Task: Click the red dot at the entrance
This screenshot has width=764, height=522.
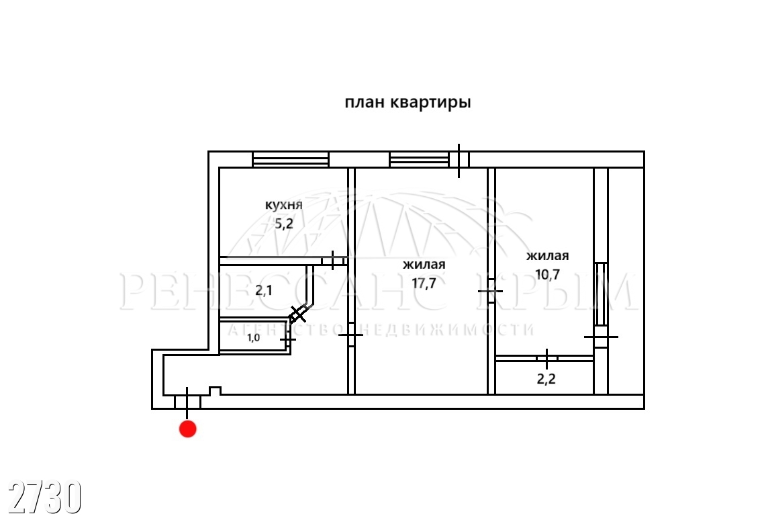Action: [187, 429]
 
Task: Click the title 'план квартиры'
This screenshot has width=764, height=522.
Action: [408, 103]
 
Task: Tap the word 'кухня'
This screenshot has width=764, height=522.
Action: [283, 205]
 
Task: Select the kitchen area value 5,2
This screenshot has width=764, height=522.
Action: [284, 224]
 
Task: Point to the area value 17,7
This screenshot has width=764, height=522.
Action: [424, 284]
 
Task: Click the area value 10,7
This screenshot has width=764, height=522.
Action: [548, 274]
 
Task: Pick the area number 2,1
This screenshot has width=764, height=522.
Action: [264, 290]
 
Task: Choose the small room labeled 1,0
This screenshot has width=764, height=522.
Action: [253, 337]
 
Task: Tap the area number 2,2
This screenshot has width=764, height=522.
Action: [546, 379]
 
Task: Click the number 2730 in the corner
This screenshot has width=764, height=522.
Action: [45, 496]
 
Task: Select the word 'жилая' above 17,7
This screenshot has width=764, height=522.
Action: [424, 265]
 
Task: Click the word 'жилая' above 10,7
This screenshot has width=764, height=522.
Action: [548, 256]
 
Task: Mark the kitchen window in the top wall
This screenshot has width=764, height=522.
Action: [291, 160]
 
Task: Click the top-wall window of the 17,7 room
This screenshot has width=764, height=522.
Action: [419, 160]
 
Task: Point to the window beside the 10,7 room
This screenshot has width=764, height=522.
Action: [602, 294]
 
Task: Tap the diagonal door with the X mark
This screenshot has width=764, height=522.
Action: [299, 313]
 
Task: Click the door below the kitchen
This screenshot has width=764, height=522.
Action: [333, 260]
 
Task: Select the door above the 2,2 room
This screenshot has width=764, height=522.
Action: [547, 358]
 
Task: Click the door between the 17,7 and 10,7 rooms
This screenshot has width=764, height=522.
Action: [491, 291]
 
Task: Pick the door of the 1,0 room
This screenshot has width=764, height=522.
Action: [288, 338]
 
